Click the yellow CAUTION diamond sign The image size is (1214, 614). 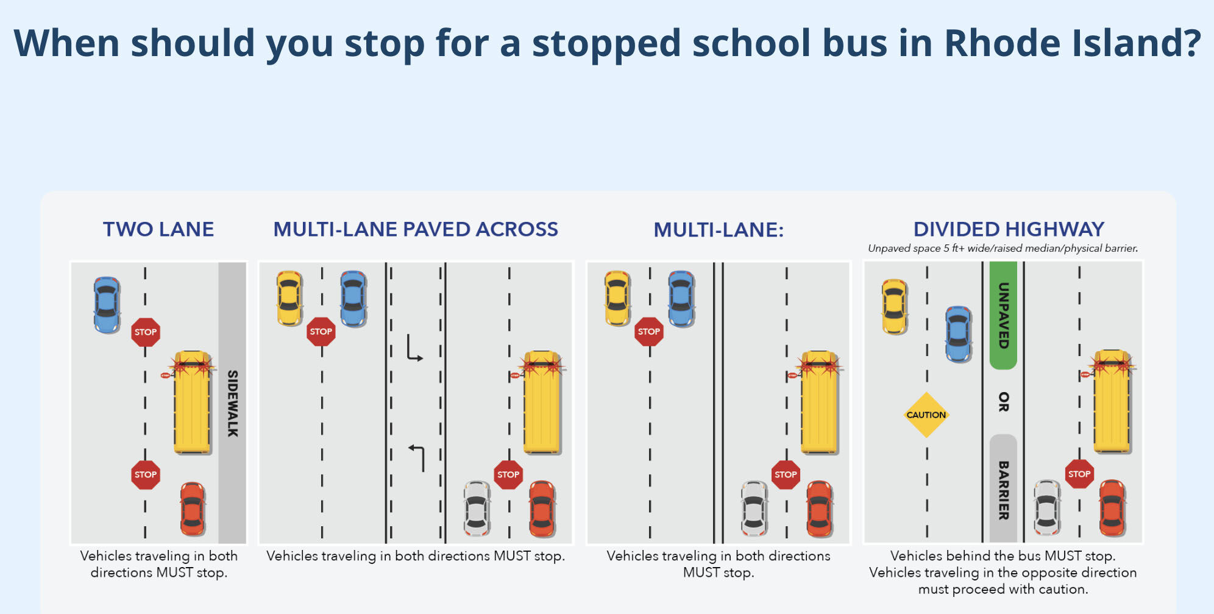click(926, 415)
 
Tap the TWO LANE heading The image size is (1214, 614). click(158, 229)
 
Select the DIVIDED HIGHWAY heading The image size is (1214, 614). click(1009, 229)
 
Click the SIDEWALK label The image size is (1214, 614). click(232, 403)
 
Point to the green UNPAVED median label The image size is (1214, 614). click(1003, 315)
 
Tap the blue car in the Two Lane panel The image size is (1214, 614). click(107, 304)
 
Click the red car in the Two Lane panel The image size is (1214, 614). click(193, 509)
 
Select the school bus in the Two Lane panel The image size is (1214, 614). click(192, 402)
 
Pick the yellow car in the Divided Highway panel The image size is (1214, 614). click(894, 307)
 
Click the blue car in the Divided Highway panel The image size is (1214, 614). click(958, 334)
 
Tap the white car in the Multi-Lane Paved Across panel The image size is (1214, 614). click(476, 508)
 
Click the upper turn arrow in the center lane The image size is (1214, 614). click(414, 348)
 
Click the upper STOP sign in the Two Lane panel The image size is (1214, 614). click(146, 332)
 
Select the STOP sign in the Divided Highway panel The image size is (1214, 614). click(1079, 474)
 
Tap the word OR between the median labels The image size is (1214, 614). click(1003, 402)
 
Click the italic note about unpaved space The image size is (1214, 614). click(1003, 248)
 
